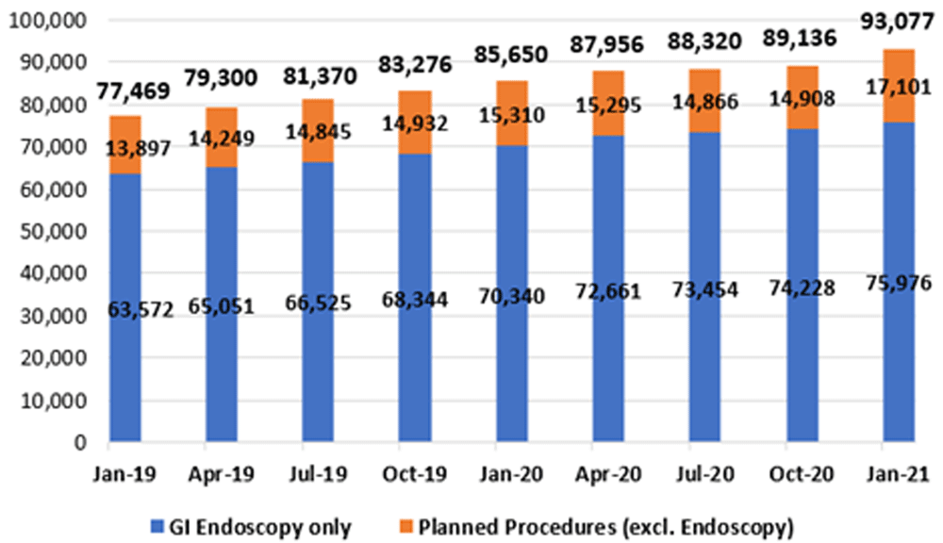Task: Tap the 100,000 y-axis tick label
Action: click(x=46, y=20)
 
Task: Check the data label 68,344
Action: click(x=414, y=301)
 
